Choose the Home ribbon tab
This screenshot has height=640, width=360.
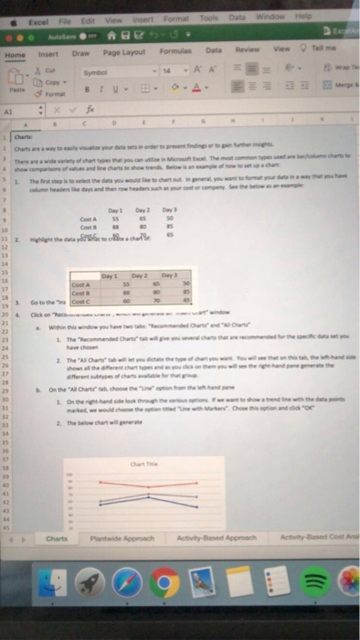click(x=16, y=54)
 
